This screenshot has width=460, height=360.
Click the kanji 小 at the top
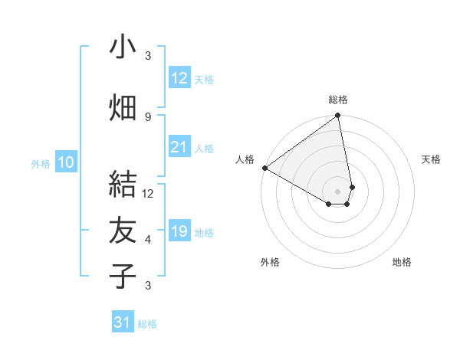123,47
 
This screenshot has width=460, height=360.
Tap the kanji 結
123,184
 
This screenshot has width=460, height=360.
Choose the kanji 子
123,276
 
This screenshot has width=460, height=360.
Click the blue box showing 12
179,77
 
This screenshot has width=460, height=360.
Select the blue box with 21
179,147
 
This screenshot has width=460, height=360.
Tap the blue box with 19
179,231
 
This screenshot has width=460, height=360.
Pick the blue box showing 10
66,162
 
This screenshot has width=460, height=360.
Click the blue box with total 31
123,322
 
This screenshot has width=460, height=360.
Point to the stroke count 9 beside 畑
148,116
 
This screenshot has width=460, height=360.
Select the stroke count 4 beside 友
148,240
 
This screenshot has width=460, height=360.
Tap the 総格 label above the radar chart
338,100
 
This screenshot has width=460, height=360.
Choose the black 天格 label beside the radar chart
432,159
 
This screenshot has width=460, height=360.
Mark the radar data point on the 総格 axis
338,116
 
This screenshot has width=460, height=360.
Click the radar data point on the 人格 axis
264,168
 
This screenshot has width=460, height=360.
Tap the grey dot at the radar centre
338,191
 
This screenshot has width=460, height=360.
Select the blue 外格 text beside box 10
41,163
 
